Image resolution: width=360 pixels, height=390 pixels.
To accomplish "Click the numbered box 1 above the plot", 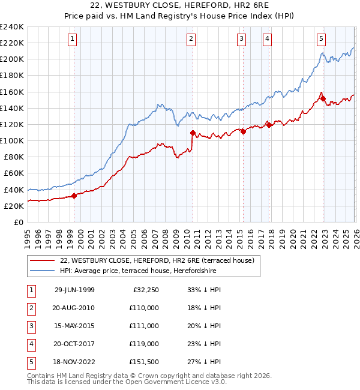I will point(72,39).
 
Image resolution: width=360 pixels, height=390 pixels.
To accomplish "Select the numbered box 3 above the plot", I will point(241,39).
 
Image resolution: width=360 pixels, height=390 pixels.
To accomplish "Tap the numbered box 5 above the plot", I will point(321,39).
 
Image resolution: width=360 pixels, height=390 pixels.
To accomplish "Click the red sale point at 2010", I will point(193,133).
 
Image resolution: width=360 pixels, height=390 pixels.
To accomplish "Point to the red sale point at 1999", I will point(74,196).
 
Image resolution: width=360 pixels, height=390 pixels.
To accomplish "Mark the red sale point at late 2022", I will point(323,99).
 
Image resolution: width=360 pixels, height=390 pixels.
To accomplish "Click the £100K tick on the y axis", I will point(11,140).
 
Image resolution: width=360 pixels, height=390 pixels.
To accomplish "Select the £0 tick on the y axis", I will point(18,222).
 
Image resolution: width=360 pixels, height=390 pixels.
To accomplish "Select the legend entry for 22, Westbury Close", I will point(157,260).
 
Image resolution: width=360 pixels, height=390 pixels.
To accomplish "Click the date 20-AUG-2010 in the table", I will point(74,308).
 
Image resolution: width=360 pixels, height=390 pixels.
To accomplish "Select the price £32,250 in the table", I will point(145,290).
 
